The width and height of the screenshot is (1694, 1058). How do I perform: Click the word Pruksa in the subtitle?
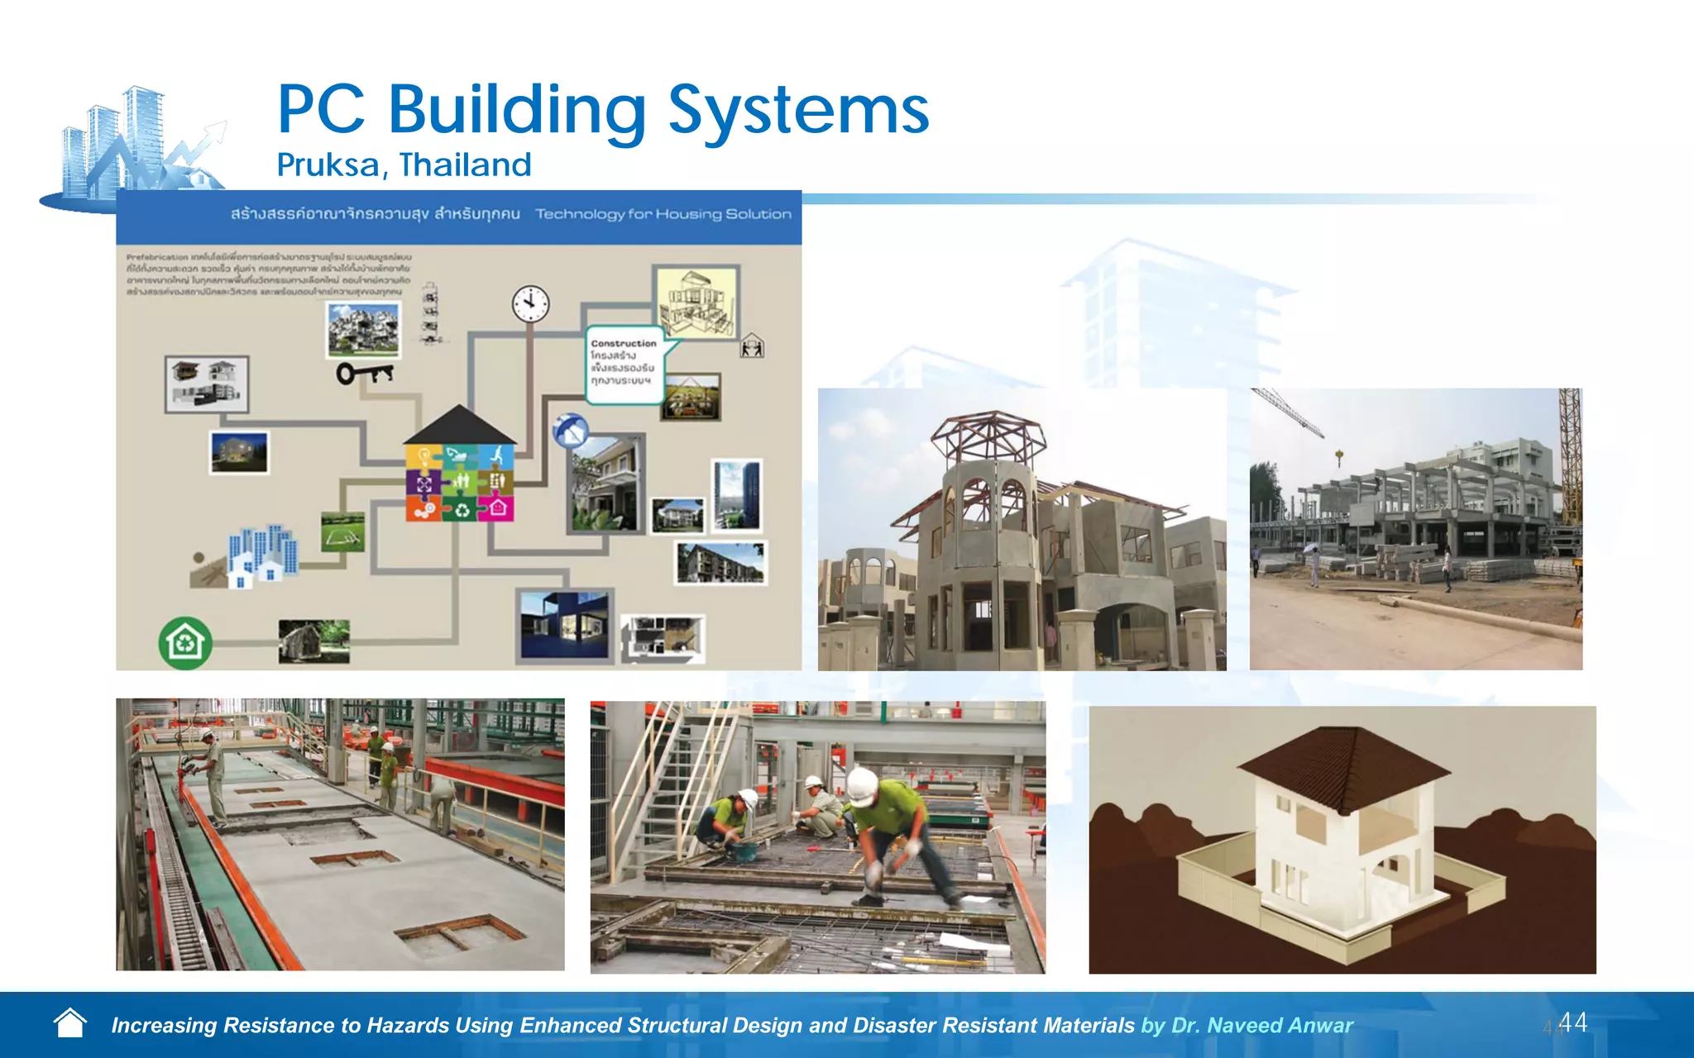coord(328,165)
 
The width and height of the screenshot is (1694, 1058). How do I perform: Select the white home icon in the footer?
coord(70,1023)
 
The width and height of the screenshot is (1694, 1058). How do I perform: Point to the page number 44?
coord(1572,1022)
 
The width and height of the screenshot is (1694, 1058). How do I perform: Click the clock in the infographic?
coord(530,304)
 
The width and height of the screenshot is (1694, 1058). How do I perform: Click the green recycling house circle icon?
coord(185,642)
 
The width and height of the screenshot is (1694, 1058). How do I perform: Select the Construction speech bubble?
coord(626,364)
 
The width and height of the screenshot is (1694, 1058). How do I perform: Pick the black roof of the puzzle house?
coord(460,426)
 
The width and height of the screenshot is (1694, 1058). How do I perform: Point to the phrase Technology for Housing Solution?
coord(663,214)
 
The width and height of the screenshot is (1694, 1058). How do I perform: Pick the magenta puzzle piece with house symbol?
coord(496,508)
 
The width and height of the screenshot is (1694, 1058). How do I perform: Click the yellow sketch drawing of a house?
coord(696,302)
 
